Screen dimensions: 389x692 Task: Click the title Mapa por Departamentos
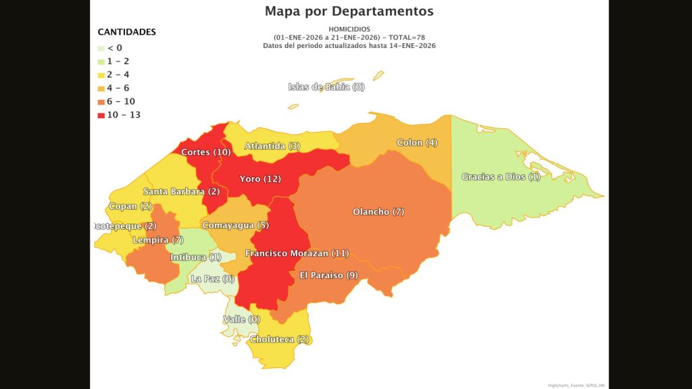point(349,11)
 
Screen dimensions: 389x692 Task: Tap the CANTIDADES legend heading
point(126,32)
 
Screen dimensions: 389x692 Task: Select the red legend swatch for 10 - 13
point(101,115)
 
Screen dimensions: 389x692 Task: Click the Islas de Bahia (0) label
point(326,86)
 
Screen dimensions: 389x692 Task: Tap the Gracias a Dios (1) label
point(501,177)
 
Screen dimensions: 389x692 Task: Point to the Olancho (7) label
point(378,212)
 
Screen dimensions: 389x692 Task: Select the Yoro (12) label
point(260,179)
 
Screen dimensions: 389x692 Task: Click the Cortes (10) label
point(206,152)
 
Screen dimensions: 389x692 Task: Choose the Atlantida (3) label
point(272,146)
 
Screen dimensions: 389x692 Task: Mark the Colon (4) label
point(417,142)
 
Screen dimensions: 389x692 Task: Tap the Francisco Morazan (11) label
point(297,253)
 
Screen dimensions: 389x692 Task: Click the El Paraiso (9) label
point(328,275)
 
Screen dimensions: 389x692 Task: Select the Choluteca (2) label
point(280,340)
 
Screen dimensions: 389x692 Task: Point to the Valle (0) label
point(241,319)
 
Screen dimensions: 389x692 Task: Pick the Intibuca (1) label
point(195,257)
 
